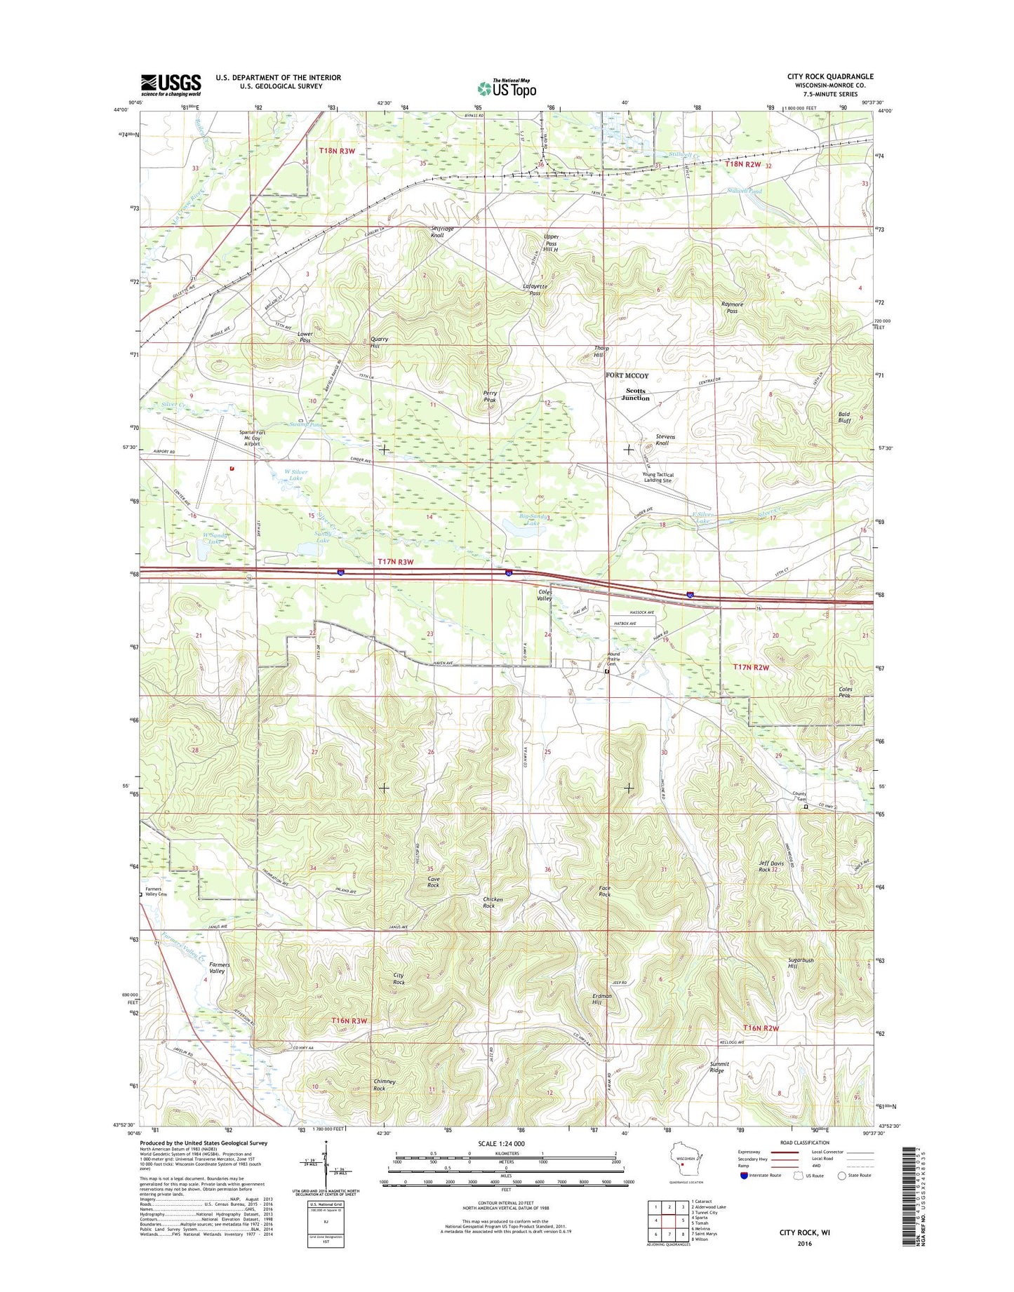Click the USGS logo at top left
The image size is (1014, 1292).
(171, 84)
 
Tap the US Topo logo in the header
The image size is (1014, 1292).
(507, 88)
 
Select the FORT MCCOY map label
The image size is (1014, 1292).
(627, 375)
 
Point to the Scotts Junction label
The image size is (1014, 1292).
(635, 394)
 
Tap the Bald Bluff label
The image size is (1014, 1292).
(844, 417)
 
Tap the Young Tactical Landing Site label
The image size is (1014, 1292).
(658, 478)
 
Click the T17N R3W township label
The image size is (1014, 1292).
(395, 562)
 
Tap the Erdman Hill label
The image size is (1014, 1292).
(601, 999)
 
